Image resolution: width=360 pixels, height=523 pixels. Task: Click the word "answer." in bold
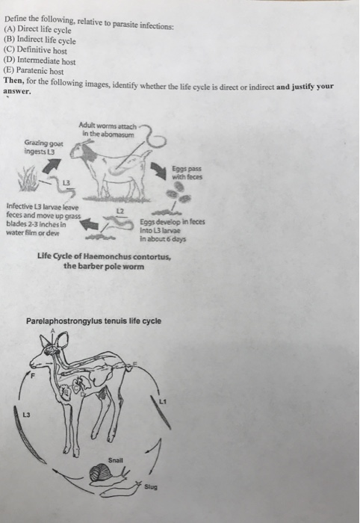[x=17, y=92]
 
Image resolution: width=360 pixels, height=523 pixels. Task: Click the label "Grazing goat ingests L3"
[x=44, y=146]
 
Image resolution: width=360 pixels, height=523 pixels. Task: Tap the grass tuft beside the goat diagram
[x=34, y=179]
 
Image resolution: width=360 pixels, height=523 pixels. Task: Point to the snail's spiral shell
[x=96, y=474]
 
